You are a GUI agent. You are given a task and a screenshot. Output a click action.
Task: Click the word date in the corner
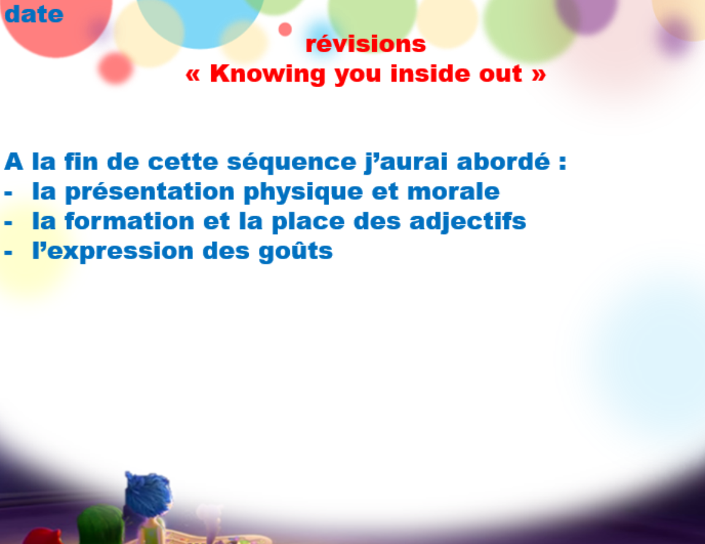click(34, 14)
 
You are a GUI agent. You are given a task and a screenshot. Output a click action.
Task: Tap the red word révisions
click(365, 44)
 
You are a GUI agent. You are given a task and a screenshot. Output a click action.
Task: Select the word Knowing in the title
click(268, 74)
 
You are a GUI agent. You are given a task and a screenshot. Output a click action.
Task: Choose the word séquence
click(291, 163)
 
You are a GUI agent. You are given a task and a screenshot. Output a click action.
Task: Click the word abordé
click(503, 161)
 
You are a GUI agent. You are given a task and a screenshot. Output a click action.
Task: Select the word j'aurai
click(406, 162)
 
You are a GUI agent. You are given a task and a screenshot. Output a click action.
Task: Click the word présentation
click(150, 192)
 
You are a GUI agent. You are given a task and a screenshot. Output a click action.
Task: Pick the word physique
click(303, 192)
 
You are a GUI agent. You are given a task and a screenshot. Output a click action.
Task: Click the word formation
click(130, 221)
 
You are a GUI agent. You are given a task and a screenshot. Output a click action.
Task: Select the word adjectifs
click(467, 222)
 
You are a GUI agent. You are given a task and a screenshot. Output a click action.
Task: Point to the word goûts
click(295, 251)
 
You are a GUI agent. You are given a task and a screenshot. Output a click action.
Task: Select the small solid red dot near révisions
click(285, 29)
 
